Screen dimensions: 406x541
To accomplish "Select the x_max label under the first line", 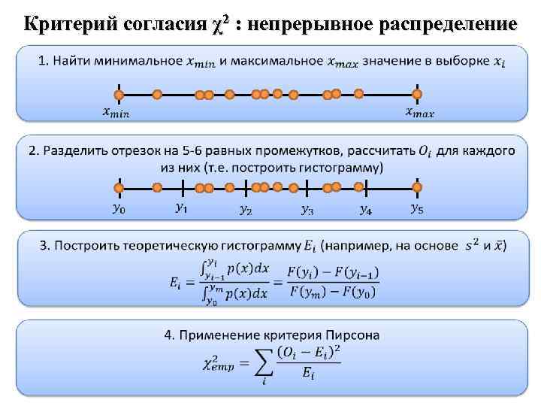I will coord(419,113).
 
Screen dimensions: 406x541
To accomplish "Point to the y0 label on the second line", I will coord(118,210).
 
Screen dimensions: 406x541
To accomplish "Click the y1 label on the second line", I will coord(181,207).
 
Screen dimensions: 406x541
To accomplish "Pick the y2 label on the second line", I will coord(246,210).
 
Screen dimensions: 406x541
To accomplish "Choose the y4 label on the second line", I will coord(365,210).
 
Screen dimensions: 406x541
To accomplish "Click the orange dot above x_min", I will coord(118,95).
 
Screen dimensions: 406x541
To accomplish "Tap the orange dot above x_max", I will coord(417,94).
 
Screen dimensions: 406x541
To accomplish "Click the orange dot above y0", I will coord(118,188).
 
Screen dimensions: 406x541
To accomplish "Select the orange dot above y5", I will coord(417,187).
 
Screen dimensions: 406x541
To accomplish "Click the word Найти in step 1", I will coord(71,60).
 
